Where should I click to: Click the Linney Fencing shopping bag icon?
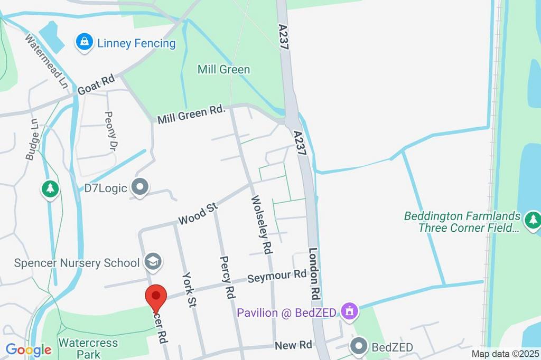pos(84,42)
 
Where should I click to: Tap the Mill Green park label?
pos(223,69)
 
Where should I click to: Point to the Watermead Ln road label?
pos(47,60)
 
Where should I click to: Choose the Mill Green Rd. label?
pos(192,115)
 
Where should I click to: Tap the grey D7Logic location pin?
pos(141,187)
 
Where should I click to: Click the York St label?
pos(189,289)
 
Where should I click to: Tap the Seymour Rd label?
pos(277,277)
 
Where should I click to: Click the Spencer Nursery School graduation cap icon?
pos(153,261)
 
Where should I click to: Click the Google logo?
pos(29,349)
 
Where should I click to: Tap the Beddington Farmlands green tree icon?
pos(533,219)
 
